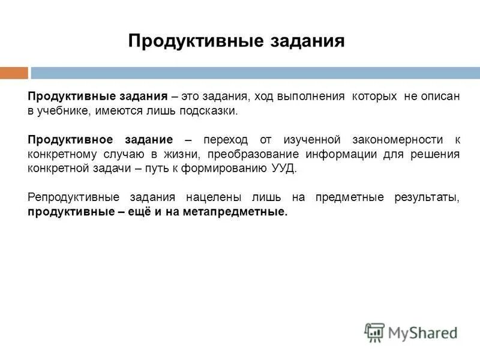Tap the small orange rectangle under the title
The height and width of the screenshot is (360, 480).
tap(14, 73)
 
